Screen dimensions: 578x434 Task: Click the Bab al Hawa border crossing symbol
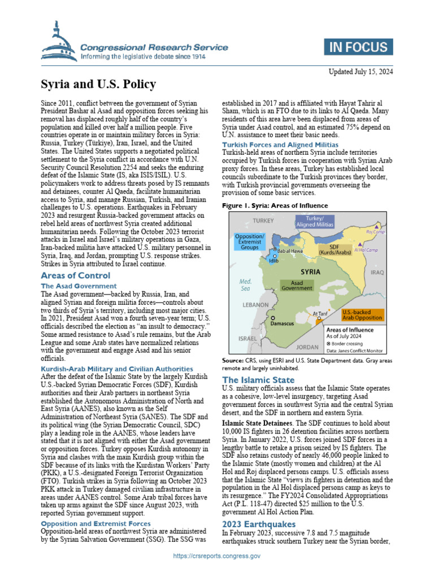275,249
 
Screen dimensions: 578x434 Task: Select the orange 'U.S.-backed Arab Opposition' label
362,314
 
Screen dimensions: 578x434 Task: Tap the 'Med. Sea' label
245,284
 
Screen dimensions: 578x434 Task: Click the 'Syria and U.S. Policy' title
98,85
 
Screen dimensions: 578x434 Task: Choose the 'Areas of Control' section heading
76,275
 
